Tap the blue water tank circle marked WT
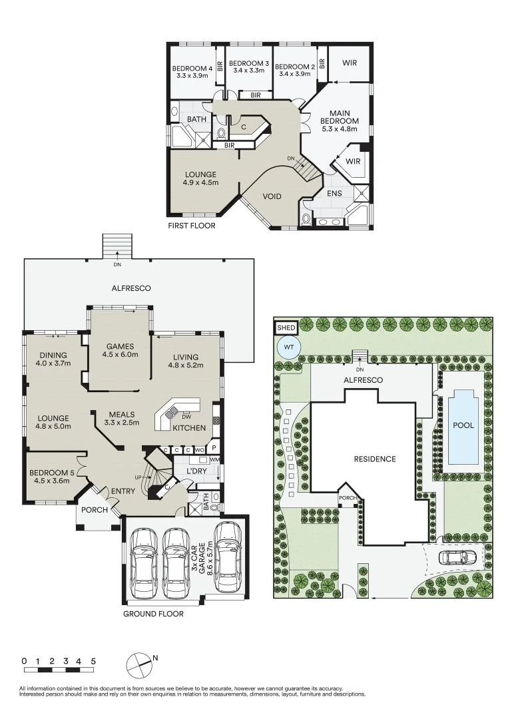click(x=287, y=348)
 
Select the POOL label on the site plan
click(x=463, y=425)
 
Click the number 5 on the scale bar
click(x=93, y=661)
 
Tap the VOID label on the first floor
click(x=272, y=196)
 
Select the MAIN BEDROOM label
click(x=340, y=121)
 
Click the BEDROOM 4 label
click(x=192, y=67)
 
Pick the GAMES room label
click(x=120, y=346)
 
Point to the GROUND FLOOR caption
click(x=152, y=614)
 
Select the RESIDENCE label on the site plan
click(x=374, y=459)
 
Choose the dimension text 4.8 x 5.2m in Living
click(x=184, y=364)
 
